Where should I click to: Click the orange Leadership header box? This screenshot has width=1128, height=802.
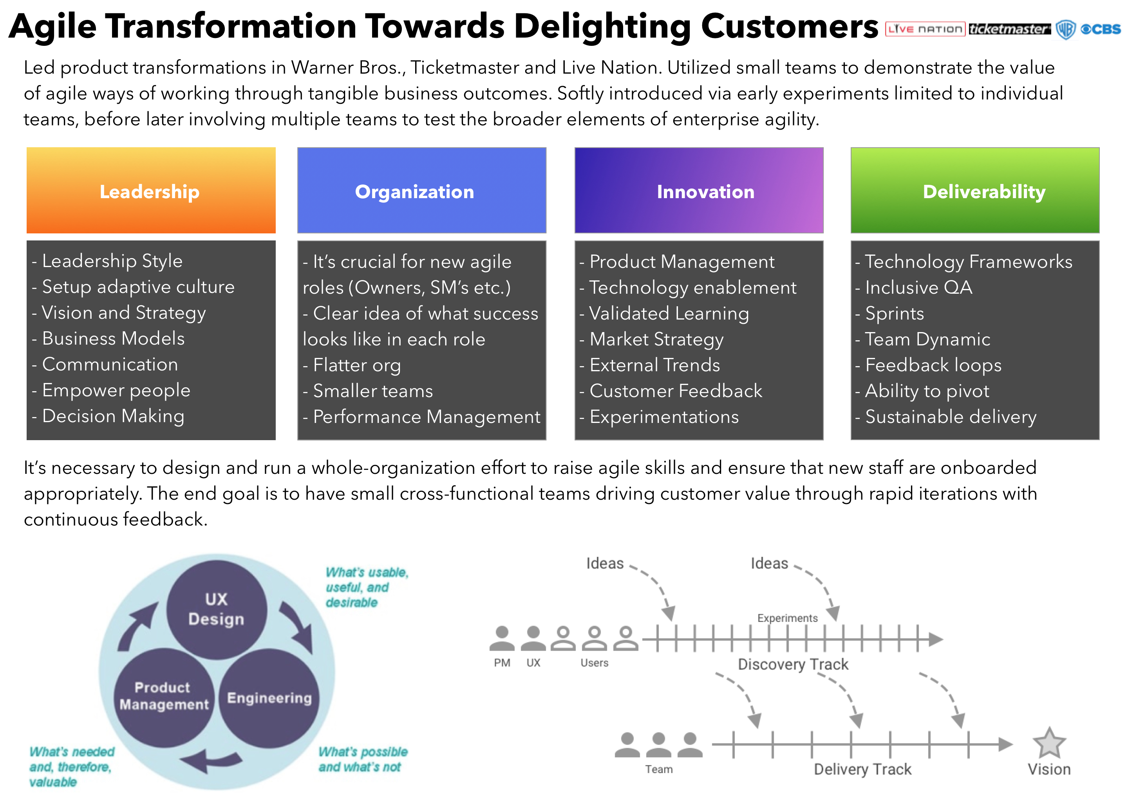point(151,190)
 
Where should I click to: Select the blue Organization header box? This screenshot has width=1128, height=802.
point(422,190)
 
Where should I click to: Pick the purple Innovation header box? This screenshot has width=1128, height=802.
point(699,190)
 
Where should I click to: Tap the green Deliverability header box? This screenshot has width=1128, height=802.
point(975,190)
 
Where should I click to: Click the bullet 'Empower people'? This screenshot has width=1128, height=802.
point(111,390)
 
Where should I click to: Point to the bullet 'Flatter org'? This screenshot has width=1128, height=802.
point(352,365)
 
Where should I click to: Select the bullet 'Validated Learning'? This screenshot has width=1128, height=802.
point(664,314)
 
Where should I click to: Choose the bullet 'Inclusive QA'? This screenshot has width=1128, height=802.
point(914,287)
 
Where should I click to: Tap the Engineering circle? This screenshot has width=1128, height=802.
point(269,698)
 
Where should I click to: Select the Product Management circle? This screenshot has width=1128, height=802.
point(164,697)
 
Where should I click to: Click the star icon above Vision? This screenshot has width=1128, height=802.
point(1049,743)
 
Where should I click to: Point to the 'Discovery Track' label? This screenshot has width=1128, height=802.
point(793,664)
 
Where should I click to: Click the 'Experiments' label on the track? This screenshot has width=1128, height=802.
point(787,618)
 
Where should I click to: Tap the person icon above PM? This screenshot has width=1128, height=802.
point(502,638)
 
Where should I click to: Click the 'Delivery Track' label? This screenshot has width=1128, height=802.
point(862,769)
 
